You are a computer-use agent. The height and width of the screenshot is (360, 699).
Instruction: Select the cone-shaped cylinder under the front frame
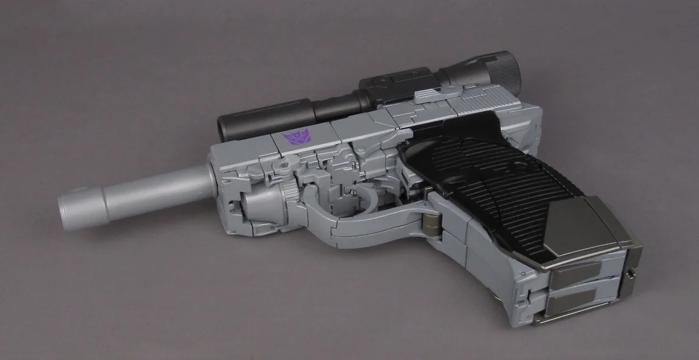(x=256, y=204)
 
